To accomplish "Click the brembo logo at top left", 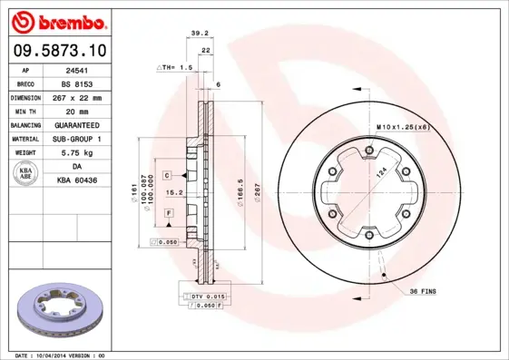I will pyautogui.click(x=60, y=21).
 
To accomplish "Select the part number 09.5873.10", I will pyautogui.click(x=60, y=52).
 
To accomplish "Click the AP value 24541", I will pyautogui.click(x=86, y=69).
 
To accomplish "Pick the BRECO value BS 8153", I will pyautogui.click(x=86, y=83).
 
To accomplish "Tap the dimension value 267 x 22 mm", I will pyautogui.click(x=86, y=97).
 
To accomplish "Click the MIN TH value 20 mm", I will pyautogui.click(x=86, y=111).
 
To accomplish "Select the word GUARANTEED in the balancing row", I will pyautogui.click(x=86, y=124).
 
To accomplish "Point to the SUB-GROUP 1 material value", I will pyautogui.click(x=86, y=139).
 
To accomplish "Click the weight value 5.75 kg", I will pyautogui.click(x=86, y=152).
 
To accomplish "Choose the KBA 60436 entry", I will pyautogui.click(x=86, y=180).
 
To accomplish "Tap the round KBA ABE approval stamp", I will pyautogui.click(x=26, y=173).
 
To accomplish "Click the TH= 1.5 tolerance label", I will pyautogui.click(x=178, y=68).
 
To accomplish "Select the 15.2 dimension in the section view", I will pyautogui.click(x=179, y=192).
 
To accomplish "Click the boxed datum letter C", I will pyautogui.click(x=168, y=173).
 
